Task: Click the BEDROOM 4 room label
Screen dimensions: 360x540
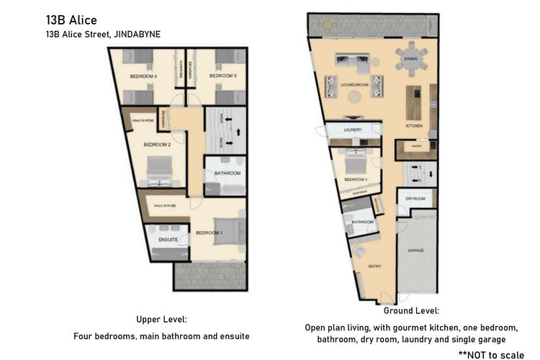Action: pos(144,76)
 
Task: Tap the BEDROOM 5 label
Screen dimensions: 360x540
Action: pos(223,76)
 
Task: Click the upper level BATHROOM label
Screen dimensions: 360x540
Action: pos(227,174)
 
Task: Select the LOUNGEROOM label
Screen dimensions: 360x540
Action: pos(354,85)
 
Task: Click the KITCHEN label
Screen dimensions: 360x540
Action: pos(414,126)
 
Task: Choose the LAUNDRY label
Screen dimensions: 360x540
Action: pos(353,130)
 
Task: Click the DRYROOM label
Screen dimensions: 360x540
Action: pos(415,199)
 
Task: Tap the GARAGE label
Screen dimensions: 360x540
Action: pos(415,251)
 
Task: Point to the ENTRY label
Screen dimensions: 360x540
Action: pos(374,266)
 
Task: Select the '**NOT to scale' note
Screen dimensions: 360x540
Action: pos(492,354)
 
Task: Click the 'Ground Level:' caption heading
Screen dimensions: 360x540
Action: pos(411,311)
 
